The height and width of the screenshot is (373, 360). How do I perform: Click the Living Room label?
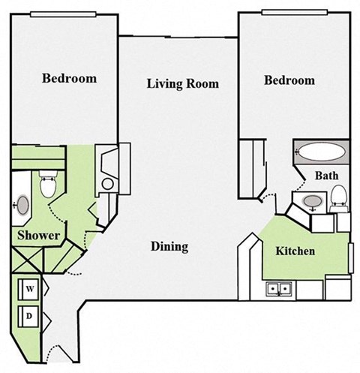pos(182,83)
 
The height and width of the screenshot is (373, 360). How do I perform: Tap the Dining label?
pos(169,247)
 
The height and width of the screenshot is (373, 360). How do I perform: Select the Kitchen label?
pos(295,251)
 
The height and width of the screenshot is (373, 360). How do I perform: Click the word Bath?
pos(326,176)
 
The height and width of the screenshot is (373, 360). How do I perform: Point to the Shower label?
pos(39,236)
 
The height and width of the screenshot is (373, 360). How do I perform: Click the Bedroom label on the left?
pos(69,78)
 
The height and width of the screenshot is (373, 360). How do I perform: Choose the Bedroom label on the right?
pos(289,80)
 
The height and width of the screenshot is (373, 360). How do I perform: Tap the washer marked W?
pos(31,287)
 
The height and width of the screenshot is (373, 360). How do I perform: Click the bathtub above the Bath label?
pos(321,152)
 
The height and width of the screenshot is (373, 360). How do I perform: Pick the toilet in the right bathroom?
pos(339,197)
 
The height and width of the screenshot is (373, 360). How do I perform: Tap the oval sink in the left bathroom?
pos(23,205)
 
